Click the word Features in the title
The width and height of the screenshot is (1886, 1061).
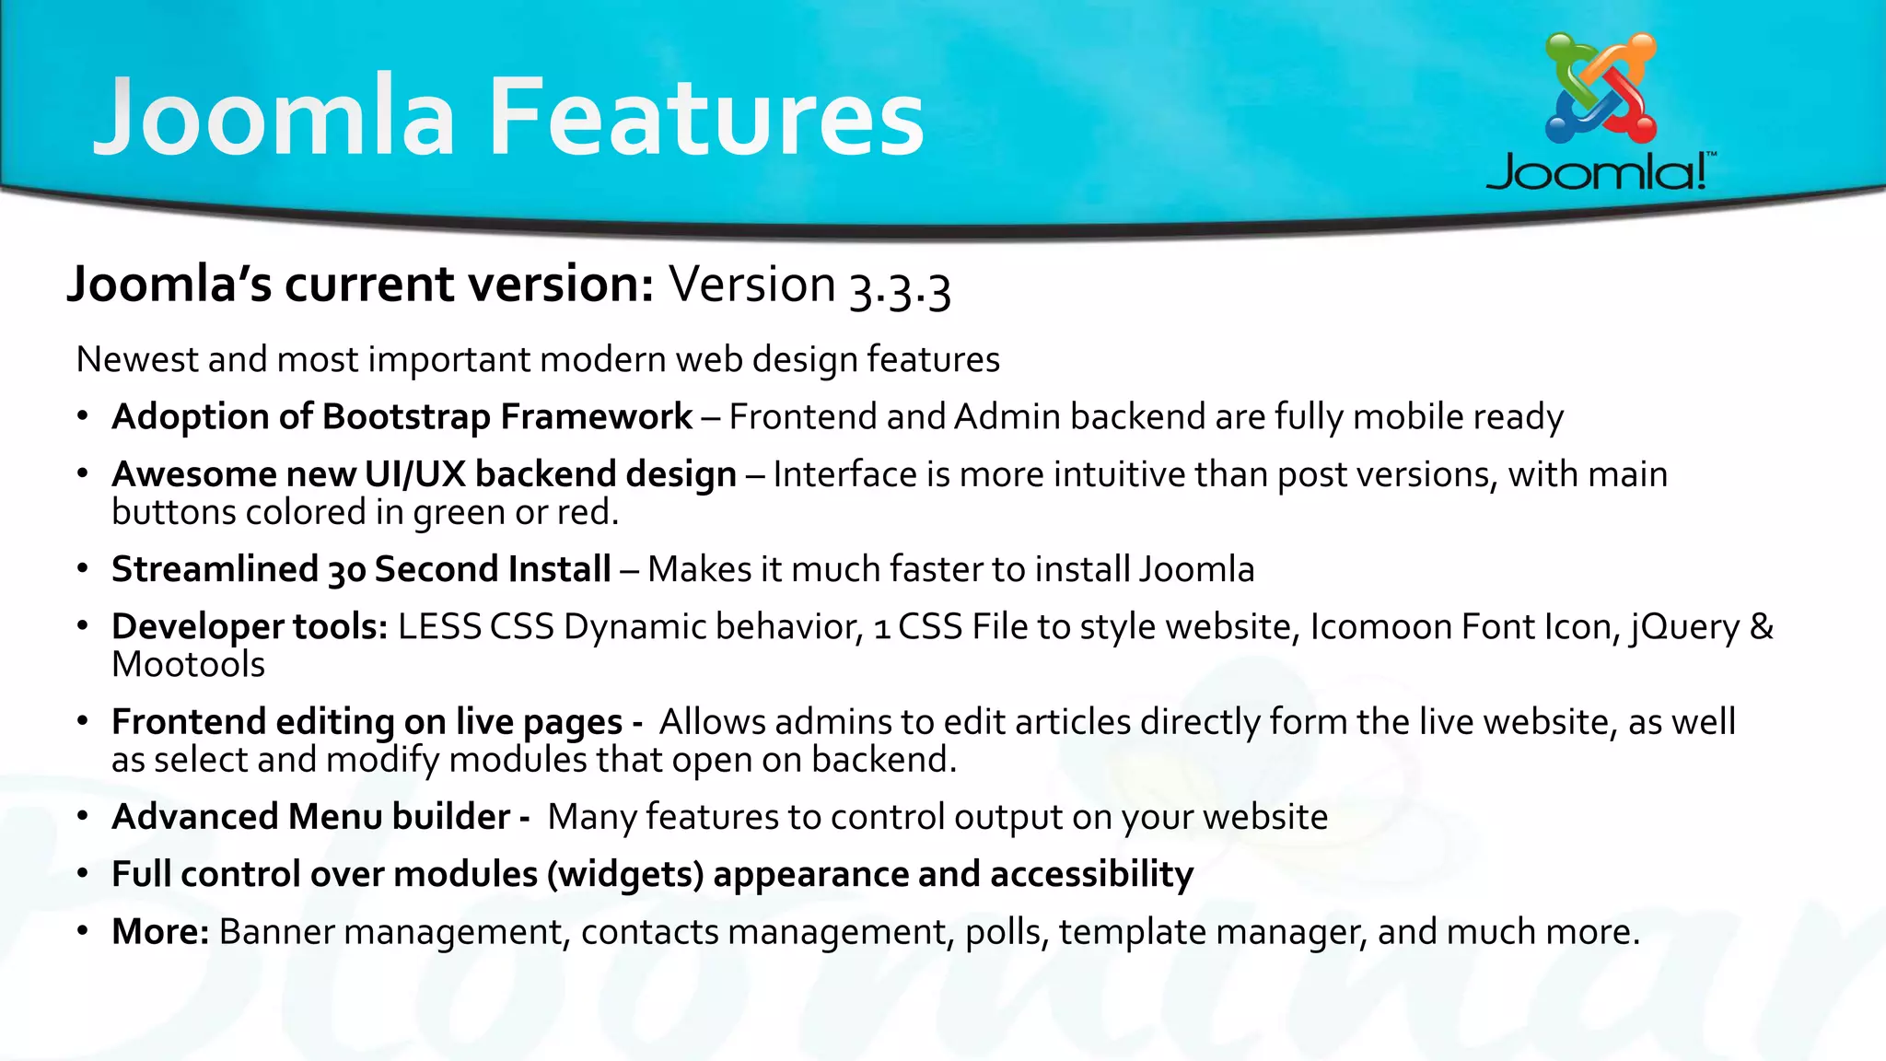705,118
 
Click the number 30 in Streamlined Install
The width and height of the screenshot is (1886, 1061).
347,571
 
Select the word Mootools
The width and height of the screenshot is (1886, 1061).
188,665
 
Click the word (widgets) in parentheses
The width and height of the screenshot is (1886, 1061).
625,875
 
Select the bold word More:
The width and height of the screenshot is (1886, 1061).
160,932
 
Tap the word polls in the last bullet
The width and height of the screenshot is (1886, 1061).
1007,933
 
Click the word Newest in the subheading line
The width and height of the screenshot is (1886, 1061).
137,359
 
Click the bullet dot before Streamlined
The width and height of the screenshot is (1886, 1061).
83,570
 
